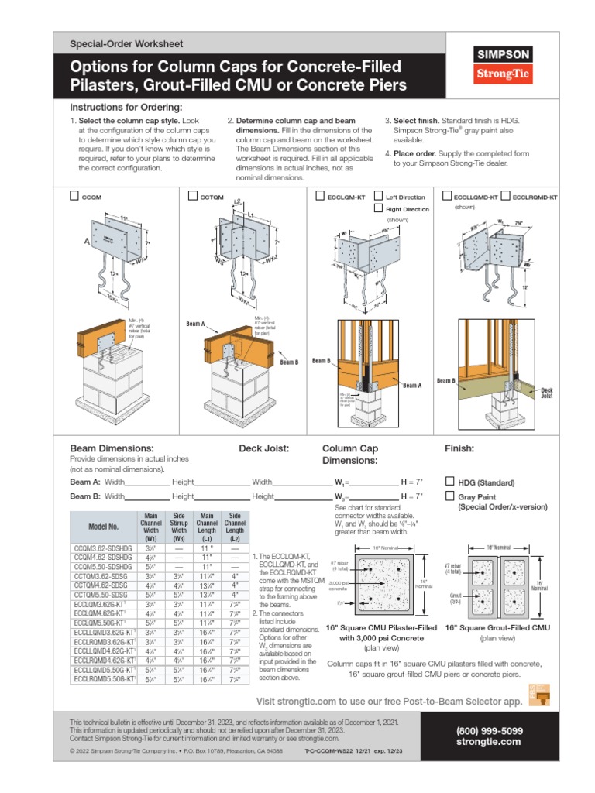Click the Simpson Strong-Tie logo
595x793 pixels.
point(502,65)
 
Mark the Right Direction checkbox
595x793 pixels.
point(379,209)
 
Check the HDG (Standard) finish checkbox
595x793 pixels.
point(451,481)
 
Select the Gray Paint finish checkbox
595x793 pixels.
point(451,496)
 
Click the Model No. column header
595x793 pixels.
point(103,526)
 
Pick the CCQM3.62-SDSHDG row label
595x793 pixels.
point(103,547)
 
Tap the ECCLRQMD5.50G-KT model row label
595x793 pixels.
point(103,679)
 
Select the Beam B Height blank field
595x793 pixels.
point(216,496)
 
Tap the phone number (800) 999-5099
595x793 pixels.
point(490,730)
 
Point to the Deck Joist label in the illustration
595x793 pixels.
point(546,392)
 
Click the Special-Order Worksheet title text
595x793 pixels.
point(126,44)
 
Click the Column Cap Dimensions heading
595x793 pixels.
point(350,454)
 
